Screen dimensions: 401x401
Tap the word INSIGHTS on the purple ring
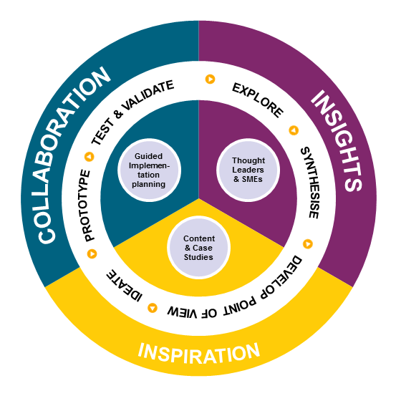(x=337, y=140)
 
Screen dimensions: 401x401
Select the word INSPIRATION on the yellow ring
(x=199, y=354)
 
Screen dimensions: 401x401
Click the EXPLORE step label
(x=258, y=100)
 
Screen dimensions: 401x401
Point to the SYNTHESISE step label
(x=310, y=183)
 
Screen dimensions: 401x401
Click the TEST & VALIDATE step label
(x=132, y=112)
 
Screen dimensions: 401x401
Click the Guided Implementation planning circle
(x=150, y=170)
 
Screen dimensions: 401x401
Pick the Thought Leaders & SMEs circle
(x=248, y=170)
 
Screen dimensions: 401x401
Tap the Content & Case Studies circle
(x=199, y=247)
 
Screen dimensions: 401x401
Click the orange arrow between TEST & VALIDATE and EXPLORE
(x=211, y=79)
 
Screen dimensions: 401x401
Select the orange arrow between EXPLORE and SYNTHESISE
(x=294, y=130)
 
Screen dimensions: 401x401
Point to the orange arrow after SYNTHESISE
(x=308, y=244)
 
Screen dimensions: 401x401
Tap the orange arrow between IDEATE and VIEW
(x=153, y=308)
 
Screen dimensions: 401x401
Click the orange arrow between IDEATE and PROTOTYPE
(x=92, y=253)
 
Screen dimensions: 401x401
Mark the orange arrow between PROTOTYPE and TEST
(x=90, y=157)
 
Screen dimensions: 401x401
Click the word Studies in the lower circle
(x=198, y=257)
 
